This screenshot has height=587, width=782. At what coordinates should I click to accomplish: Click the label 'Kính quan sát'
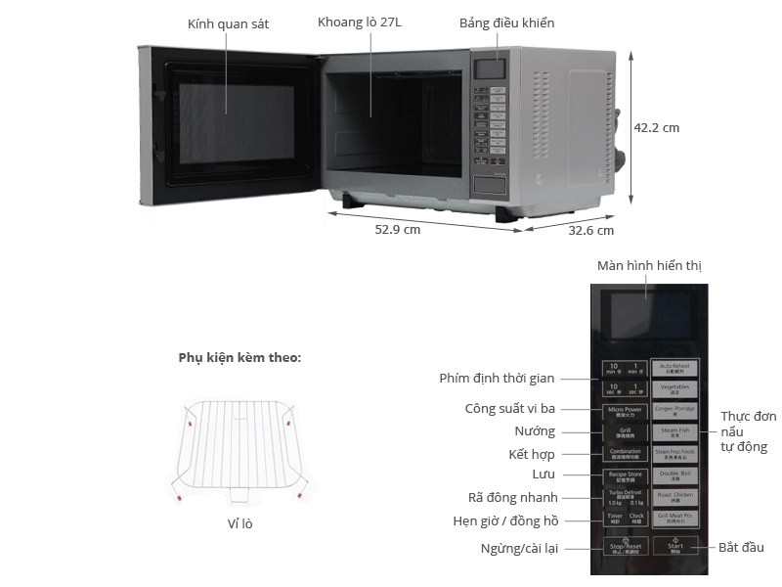pyautogui.click(x=228, y=23)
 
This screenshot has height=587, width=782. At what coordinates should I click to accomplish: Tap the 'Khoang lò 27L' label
pyautogui.click(x=360, y=23)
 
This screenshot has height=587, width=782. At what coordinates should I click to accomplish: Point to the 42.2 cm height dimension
pyautogui.click(x=656, y=127)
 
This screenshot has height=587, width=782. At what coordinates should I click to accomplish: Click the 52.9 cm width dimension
pyautogui.click(x=397, y=230)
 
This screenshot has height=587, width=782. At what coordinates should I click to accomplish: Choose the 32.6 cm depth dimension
pyautogui.click(x=591, y=231)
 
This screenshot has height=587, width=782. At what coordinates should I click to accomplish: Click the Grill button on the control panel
pyautogui.click(x=625, y=431)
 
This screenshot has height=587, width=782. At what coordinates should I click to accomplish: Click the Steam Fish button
pyautogui.click(x=675, y=430)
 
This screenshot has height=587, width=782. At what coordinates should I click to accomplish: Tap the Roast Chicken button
pyautogui.click(x=675, y=497)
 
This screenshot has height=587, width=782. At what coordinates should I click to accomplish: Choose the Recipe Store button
pyautogui.click(x=625, y=475)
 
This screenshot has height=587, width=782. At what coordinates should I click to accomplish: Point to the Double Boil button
pyautogui.click(x=675, y=474)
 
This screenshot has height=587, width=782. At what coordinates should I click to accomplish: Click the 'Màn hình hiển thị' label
pyautogui.click(x=649, y=265)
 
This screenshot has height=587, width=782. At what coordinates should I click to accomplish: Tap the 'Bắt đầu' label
pyautogui.click(x=741, y=547)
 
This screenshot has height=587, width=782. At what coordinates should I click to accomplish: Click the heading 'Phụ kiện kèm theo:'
pyautogui.click(x=239, y=358)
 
